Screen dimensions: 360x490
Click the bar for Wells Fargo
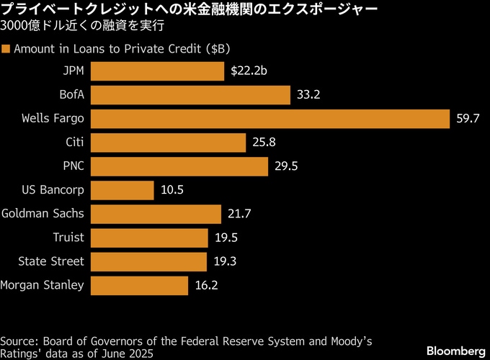coord(271,119)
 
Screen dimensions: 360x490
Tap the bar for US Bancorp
coord(122,190)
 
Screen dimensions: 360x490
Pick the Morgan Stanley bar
coord(140,285)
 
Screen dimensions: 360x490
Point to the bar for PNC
coord(180,166)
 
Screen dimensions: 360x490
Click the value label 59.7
coord(468,119)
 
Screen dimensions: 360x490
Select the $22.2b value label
coord(249,71)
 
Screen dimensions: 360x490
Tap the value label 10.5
coord(171,190)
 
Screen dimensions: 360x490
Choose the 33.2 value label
coord(308,95)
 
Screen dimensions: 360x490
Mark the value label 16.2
coord(206,285)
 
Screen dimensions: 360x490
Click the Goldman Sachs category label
coord(43,214)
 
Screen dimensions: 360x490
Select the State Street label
coord(51,261)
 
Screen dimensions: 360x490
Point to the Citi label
coord(75,143)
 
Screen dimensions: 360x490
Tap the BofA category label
coord(72,95)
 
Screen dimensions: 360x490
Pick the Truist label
coord(68,238)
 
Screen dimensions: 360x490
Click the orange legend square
coord(6,49)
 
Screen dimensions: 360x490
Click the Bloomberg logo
coord(456,351)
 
